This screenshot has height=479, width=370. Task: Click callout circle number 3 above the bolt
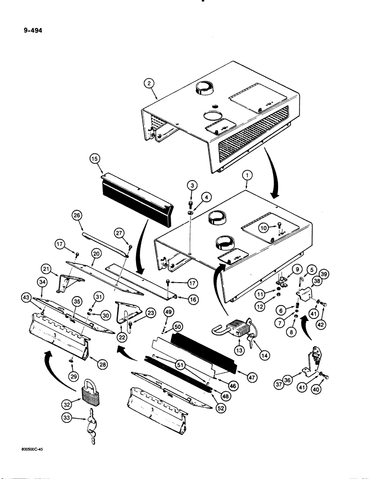tap(191, 185)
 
